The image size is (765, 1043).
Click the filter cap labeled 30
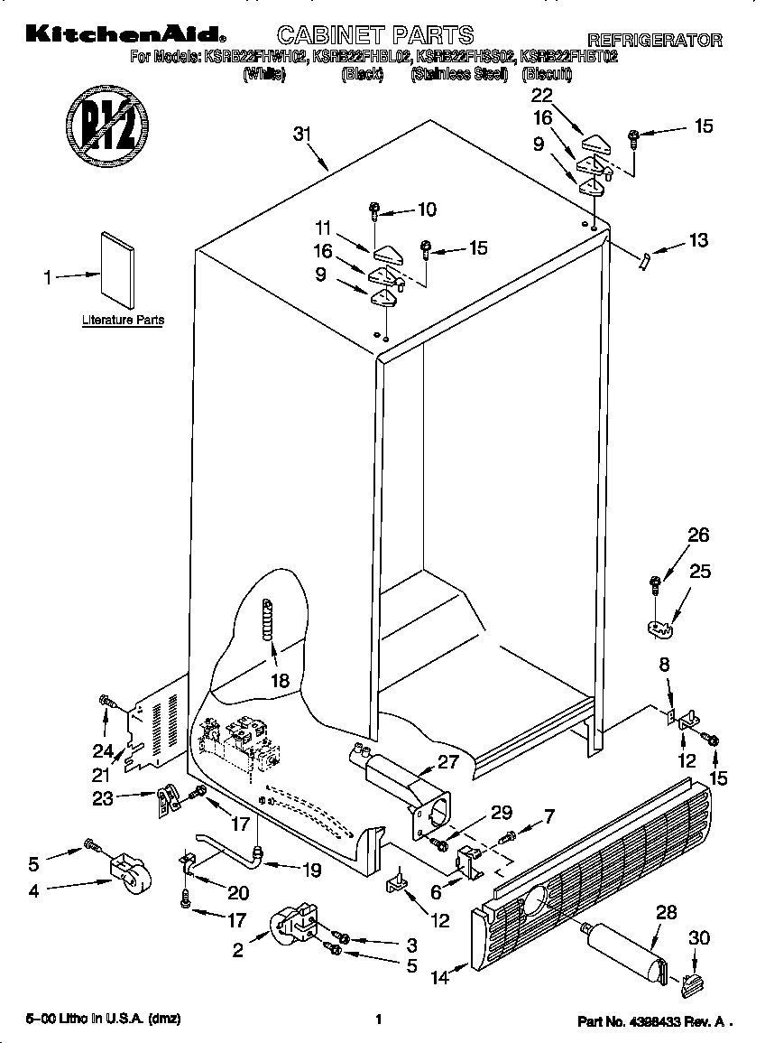point(691,985)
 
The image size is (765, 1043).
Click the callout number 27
point(448,761)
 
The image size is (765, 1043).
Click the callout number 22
point(542,95)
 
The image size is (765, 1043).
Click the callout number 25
point(700,571)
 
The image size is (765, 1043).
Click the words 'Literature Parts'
point(123,320)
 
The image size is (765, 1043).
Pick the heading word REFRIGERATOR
point(655,40)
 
